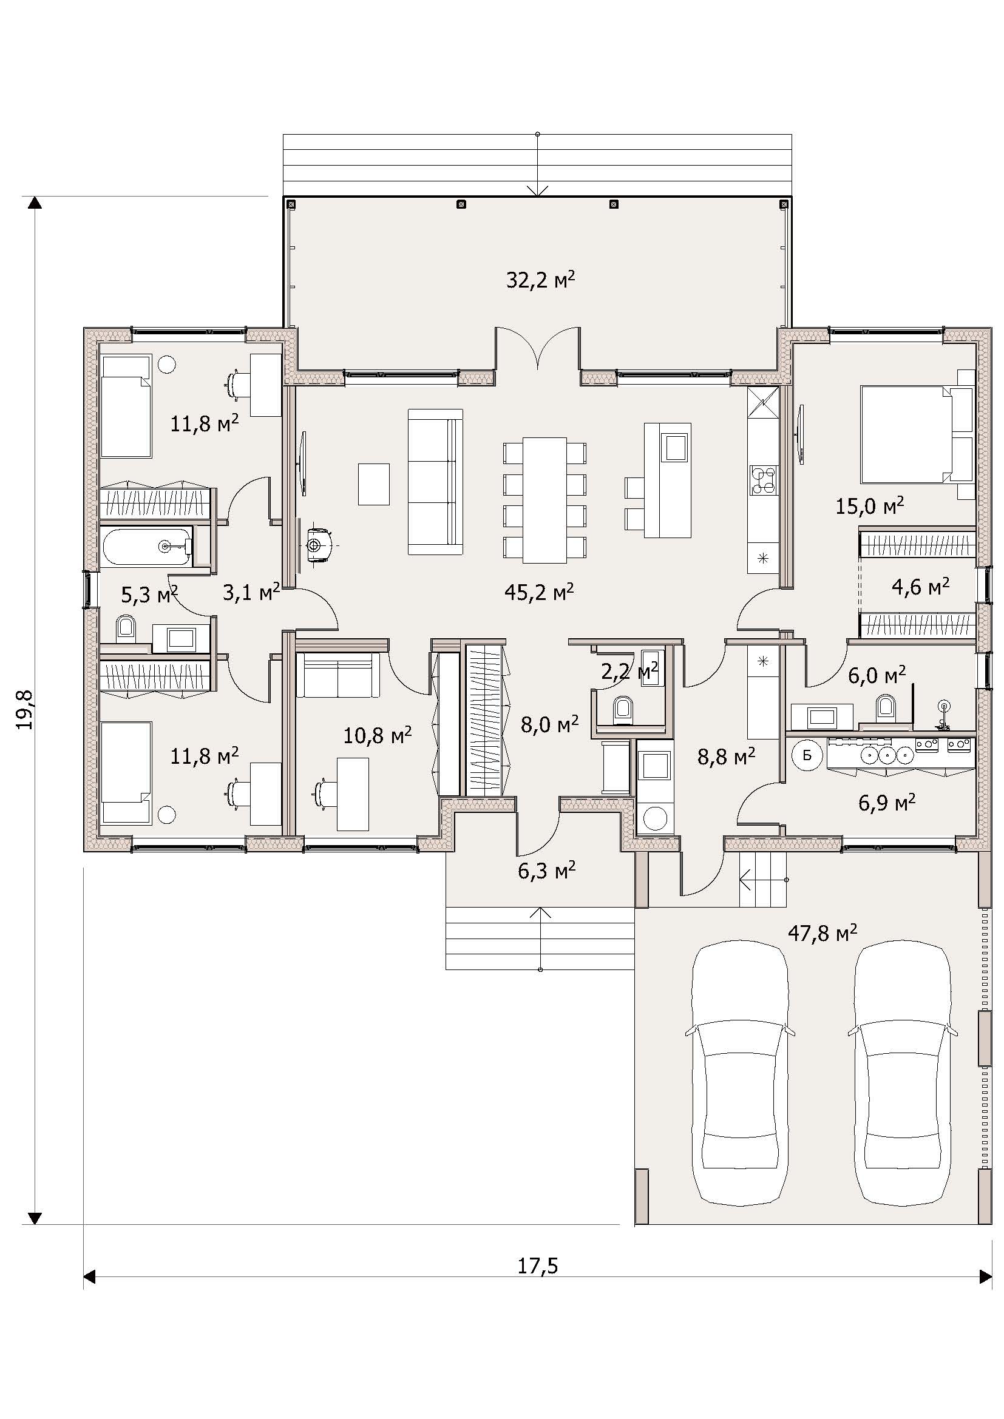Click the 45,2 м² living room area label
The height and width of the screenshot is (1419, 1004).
[539, 592]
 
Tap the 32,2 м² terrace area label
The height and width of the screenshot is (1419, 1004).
[541, 280]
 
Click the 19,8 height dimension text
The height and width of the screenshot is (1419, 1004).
[25, 710]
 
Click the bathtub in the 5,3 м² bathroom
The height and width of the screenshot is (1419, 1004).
[148, 547]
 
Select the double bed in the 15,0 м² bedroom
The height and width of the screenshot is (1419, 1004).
[917, 434]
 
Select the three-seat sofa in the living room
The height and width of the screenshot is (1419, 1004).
[435, 482]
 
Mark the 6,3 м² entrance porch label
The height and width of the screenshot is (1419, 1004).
[547, 871]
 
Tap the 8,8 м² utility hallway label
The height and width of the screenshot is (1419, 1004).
[726, 755]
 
